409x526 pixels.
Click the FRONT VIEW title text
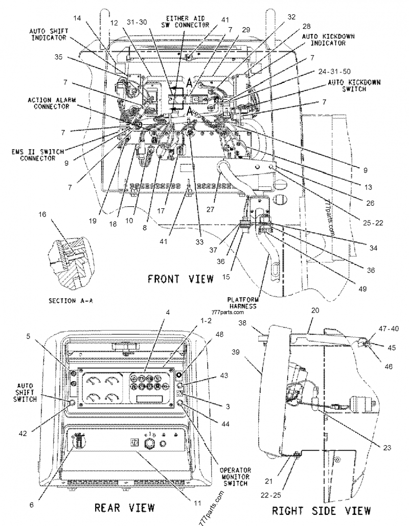coord(180,279)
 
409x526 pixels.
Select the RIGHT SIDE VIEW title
coord(321,510)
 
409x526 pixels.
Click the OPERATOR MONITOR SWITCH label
coord(234,476)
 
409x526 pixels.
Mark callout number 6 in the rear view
coord(32,504)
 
